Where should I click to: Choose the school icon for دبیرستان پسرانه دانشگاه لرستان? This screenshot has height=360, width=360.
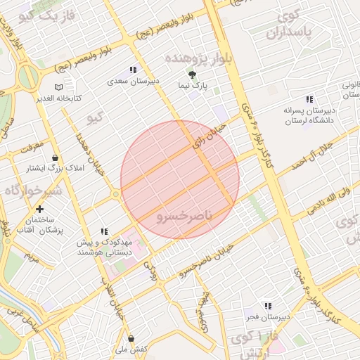point(309,99)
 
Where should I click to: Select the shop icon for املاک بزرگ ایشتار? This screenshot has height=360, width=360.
point(55,157)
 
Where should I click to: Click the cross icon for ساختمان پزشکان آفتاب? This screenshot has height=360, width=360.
point(39,209)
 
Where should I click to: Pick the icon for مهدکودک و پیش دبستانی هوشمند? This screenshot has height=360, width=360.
point(104,231)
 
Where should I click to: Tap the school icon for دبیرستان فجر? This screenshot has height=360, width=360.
point(267,306)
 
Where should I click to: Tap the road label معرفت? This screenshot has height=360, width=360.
point(30,146)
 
